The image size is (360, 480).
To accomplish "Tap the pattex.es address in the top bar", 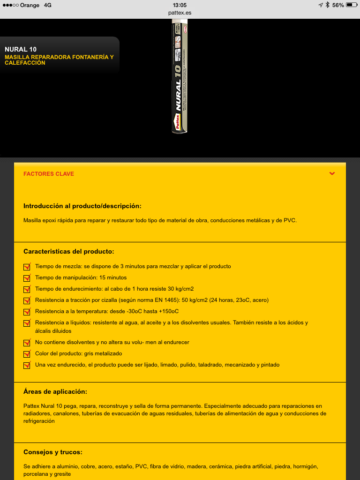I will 180,13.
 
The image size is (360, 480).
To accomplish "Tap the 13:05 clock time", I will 180,5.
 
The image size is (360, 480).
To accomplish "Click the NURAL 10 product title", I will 21,49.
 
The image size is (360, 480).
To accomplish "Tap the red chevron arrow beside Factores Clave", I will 332,174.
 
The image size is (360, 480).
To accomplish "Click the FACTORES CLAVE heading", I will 49,174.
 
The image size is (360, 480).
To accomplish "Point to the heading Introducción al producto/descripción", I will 82,206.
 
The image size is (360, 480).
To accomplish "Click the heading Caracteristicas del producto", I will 68,252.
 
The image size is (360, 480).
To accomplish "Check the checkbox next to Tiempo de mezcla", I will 27,267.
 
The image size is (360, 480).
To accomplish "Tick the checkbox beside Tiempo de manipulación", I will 27,278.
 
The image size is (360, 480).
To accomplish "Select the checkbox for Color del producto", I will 27,354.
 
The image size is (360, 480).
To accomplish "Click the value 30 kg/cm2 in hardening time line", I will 181,289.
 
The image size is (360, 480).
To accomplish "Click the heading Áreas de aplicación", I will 55,392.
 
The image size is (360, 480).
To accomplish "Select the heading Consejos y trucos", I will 53,452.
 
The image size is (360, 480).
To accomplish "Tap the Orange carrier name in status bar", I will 30,5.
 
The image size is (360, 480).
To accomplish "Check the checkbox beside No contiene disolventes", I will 27,343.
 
